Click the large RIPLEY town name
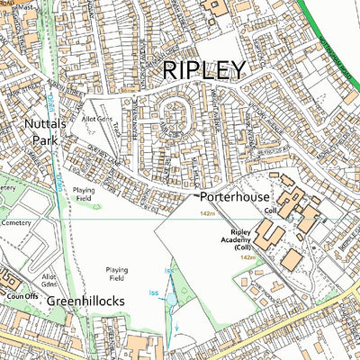pos(202,70)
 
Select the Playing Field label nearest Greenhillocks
pos(117,273)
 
